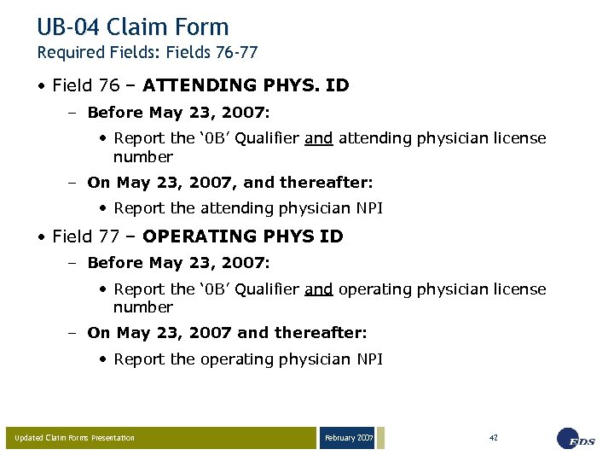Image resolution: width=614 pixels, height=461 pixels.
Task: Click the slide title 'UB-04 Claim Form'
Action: coord(133,27)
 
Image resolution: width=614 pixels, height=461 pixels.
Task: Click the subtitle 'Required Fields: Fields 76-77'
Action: coord(147,53)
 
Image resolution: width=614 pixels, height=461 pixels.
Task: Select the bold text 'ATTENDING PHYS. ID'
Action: coord(246,85)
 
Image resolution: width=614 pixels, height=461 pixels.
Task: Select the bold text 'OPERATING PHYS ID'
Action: coord(243,236)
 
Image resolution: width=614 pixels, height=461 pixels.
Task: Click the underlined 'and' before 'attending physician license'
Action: coord(318,138)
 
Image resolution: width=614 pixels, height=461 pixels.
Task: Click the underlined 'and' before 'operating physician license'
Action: coord(318,289)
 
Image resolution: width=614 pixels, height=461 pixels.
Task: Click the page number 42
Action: coord(493,438)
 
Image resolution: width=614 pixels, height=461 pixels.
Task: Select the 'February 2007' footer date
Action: coord(348,438)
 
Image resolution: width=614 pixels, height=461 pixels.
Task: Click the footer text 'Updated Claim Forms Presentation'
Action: coord(75,438)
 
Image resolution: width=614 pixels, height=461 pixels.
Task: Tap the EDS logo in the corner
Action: coord(576,438)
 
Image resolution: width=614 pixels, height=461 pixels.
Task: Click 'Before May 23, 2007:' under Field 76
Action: coord(178,113)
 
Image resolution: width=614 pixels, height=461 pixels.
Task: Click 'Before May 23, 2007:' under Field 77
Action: coord(178,264)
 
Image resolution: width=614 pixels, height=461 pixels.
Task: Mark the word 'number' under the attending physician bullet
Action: coord(143,157)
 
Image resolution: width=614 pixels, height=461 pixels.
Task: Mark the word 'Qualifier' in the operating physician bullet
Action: coord(264,289)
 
